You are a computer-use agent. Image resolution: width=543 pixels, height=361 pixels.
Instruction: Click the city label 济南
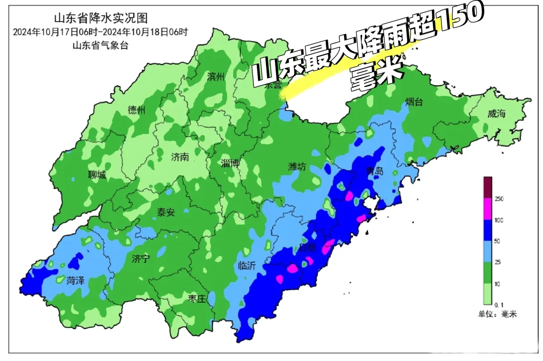(x=179, y=157)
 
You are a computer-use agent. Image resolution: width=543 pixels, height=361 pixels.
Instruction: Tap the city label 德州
(x=136, y=111)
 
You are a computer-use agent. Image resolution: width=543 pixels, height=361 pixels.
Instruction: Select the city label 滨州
(x=216, y=77)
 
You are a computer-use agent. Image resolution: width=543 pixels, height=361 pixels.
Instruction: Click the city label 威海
(x=496, y=114)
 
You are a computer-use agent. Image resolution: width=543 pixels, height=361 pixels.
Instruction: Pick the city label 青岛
(x=375, y=171)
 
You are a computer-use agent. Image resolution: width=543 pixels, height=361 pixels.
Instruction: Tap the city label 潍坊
(x=297, y=167)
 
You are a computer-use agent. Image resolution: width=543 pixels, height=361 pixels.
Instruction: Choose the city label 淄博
(x=230, y=163)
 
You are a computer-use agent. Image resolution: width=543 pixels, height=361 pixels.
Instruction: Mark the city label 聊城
(x=97, y=175)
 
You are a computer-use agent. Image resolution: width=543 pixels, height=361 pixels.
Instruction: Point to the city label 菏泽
(x=75, y=281)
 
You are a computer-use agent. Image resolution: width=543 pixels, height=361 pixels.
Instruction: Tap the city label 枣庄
(x=197, y=299)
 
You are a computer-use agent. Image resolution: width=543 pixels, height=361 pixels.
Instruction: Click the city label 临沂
(x=247, y=266)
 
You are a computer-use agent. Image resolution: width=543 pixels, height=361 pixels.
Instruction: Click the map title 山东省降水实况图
(x=101, y=19)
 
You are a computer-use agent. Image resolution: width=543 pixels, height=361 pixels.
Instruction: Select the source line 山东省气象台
(x=101, y=46)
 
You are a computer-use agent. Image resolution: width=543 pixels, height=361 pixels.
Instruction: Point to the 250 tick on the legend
(x=499, y=199)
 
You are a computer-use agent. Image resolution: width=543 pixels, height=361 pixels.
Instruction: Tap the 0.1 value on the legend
(x=499, y=305)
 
